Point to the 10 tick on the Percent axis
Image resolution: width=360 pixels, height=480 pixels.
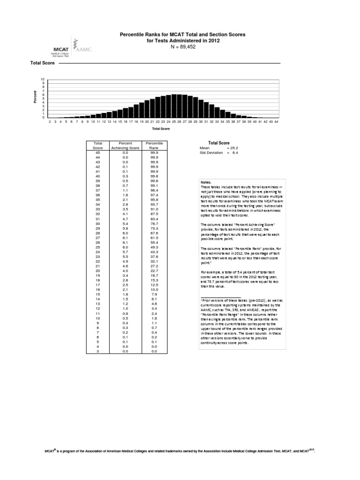tap(43, 79)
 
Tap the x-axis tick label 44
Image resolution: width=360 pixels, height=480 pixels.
tap(277, 121)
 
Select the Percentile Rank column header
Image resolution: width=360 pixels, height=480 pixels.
tap(153, 145)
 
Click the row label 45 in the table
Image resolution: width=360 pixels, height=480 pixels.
tap(98, 152)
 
